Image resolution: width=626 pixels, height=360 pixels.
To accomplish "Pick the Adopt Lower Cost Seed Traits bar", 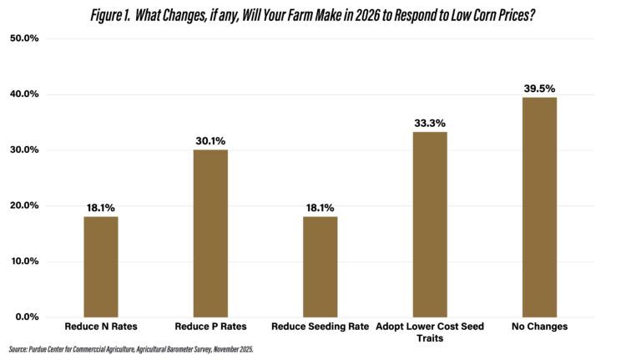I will pyautogui.click(x=430, y=224).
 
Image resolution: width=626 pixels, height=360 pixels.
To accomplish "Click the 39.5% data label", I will pyautogui.click(x=539, y=88).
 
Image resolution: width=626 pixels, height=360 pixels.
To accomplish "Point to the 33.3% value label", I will pyautogui.click(x=430, y=123).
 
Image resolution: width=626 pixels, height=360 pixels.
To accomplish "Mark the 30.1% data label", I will pyautogui.click(x=210, y=140).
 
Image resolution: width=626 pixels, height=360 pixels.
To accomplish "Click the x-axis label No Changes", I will pyautogui.click(x=539, y=327).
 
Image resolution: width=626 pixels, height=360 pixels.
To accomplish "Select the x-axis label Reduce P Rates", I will pyautogui.click(x=210, y=327).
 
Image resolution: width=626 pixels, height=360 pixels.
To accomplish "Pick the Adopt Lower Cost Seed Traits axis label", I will pyautogui.click(x=430, y=332).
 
